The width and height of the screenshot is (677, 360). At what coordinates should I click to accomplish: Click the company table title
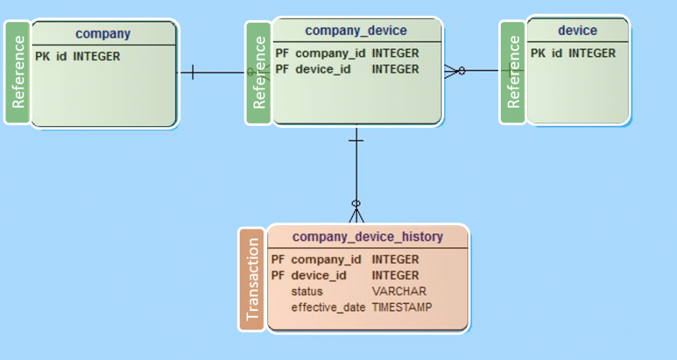[103, 33]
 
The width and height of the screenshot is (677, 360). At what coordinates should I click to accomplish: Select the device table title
[577, 30]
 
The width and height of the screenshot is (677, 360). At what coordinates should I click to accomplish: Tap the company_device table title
[356, 30]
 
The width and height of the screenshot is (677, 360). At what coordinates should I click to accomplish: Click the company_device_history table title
[368, 237]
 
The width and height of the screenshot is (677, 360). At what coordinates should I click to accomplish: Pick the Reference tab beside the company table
[18, 72]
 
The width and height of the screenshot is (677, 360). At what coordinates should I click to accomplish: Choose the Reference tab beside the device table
[513, 72]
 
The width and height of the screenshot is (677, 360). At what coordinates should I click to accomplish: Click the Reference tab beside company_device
[259, 73]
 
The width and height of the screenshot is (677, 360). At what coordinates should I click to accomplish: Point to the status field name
[307, 292]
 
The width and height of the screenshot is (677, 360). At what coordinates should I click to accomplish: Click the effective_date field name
[327, 307]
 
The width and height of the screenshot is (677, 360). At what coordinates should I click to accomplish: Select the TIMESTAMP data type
[401, 307]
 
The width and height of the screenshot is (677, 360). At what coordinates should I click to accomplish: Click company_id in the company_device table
[328, 53]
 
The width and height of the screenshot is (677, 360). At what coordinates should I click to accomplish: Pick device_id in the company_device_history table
[318, 276]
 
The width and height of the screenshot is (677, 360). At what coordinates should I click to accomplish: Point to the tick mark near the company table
[192, 72]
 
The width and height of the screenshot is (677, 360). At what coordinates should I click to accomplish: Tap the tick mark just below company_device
[356, 140]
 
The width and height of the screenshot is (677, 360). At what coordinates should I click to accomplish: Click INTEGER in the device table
[591, 53]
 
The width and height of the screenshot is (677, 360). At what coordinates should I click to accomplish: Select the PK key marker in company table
[42, 57]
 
